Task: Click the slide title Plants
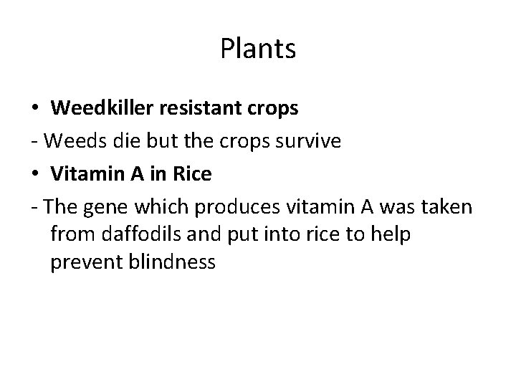(258, 49)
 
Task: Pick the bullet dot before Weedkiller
(36, 110)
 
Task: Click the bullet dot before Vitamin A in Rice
(36, 173)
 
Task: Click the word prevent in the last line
(79, 262)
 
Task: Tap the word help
(391, 234)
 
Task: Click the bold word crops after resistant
(273, 110)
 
